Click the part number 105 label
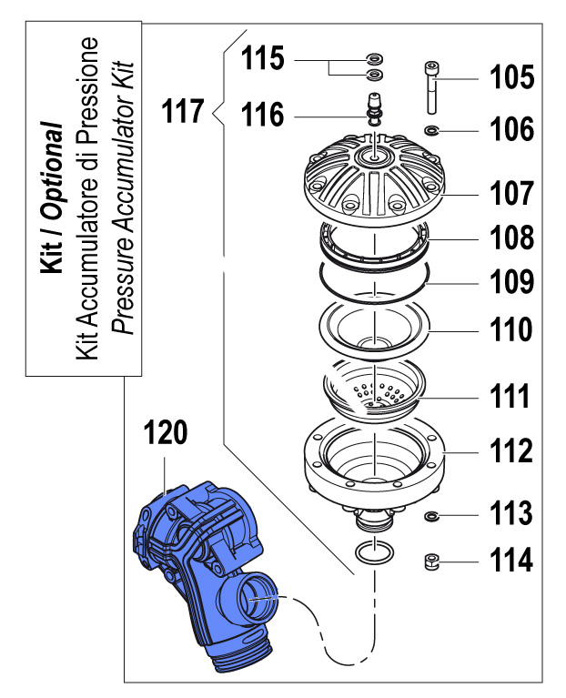click(511, 77)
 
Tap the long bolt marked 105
click(431, 86)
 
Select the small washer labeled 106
click(431, 131)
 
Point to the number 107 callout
click(510, 193)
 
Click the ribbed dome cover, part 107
click(374, 178)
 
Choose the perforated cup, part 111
click(374, 387)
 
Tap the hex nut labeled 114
click(430, 561)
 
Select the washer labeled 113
click(431, 516)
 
